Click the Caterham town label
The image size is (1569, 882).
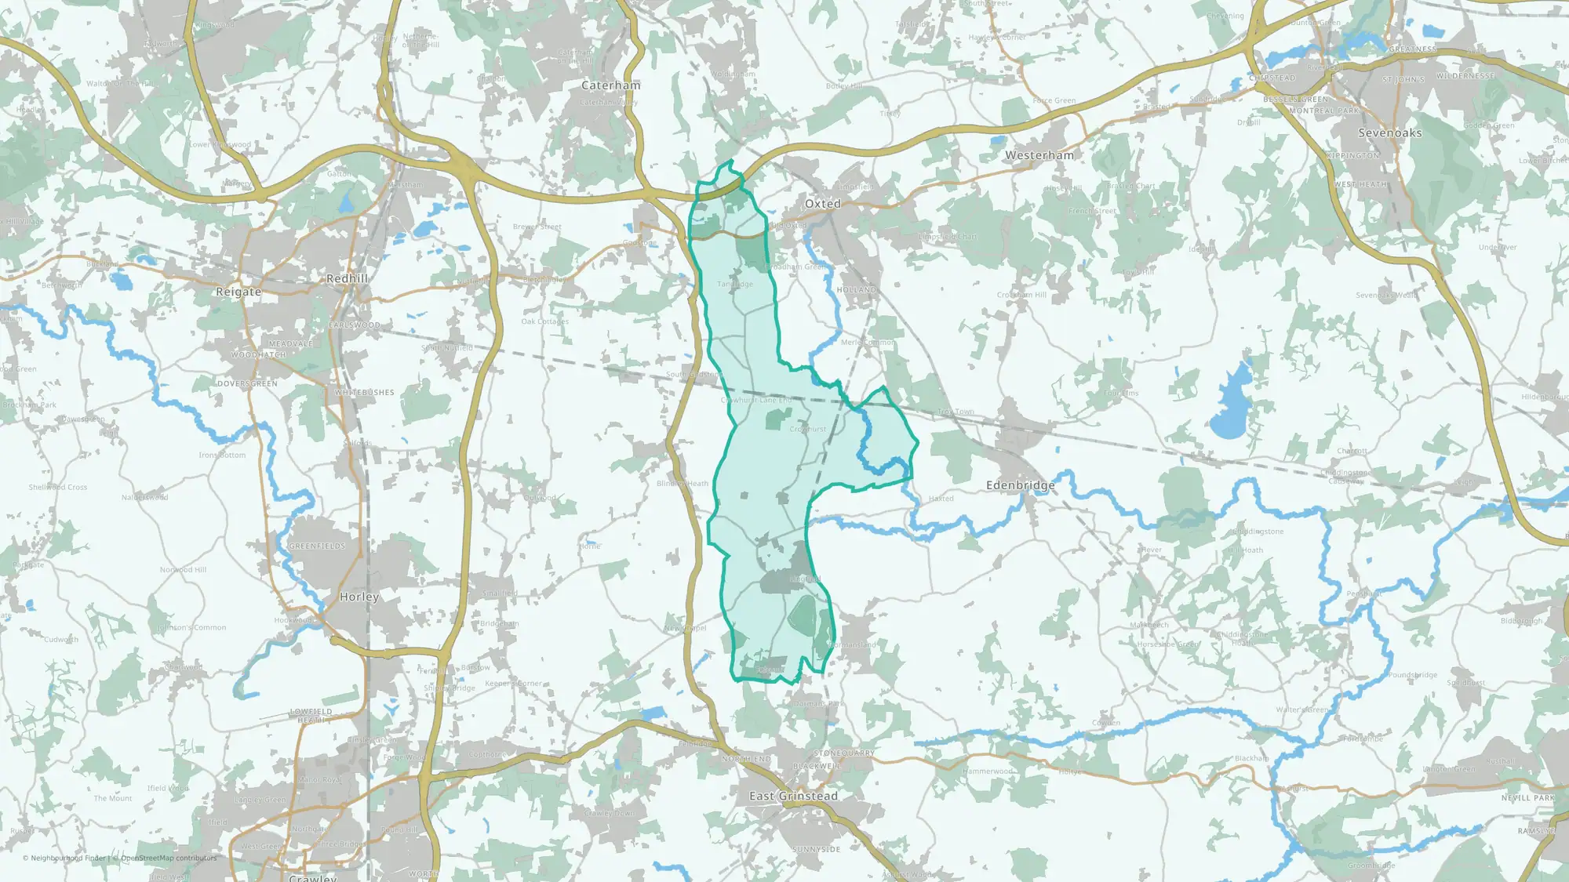click(x=610, y=85)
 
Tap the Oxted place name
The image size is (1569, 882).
click(x=822, y=204)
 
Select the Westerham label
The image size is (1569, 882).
click(x=1039, y=155)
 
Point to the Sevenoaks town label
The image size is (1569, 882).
click(x=1390, y=133)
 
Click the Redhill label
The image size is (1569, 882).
click(x=348, y=278)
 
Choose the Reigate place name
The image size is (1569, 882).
click(x=238, y=292)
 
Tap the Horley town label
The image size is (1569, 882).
click(x=359, y=597)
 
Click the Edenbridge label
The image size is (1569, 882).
click(x=1021, y=485)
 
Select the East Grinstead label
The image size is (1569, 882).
click(x=793, y=796)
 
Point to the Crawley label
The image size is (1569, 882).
click(x=312, y=877)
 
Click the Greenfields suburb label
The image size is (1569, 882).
click(x=317, y=546)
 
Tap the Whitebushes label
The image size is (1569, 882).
click(x=365, y=393)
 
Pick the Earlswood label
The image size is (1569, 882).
click(x=355, y=325)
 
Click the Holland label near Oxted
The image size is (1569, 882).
click(x=857, y=290)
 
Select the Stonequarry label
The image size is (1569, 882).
click(x=844, y=753)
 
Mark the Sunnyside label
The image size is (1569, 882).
click(x=817, y=850)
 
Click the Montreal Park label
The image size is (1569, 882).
click(x=1324, y=111)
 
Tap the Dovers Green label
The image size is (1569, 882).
click(x=247, y=384)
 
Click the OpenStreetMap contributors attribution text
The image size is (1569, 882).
click(x=169, y=858)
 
